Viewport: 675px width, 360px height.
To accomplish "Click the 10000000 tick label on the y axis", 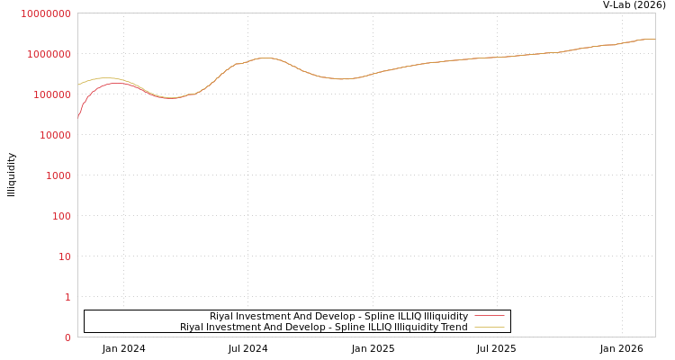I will tap(45, 13).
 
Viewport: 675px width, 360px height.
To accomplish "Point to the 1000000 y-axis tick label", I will tap(49, 54).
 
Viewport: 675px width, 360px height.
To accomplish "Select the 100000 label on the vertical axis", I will tap(51, 94).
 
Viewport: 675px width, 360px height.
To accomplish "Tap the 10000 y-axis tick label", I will tap(54, 135).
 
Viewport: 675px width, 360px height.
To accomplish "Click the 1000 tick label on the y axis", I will tap(58, 175).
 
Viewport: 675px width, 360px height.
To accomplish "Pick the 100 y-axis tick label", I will tap(60, 216).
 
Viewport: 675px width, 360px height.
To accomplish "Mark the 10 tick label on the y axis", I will tap(64, 256).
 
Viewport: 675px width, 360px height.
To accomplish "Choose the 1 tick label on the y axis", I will tap(67, 297).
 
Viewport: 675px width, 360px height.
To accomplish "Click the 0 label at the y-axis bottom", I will tap(67, 337).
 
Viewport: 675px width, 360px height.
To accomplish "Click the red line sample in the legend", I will tap(489, 316).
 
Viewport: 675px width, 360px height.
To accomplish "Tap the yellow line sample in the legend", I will tap(489, 327).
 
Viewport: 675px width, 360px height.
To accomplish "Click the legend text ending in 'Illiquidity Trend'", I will tap(323, 327).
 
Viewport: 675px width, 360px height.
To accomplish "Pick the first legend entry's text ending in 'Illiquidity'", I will tap(338, 316).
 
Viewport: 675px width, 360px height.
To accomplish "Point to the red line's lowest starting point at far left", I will tap(78, 116).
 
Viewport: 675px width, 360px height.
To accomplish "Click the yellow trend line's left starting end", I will tap(78, 85).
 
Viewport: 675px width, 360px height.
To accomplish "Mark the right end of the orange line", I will tap(654, 39).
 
